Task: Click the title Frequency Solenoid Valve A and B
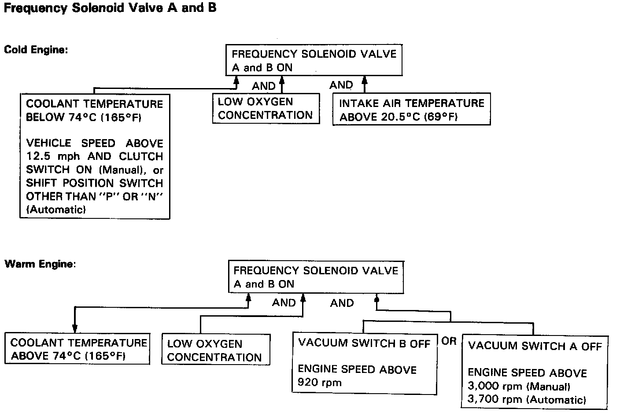tap(110, 8)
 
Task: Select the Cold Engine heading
tap(36, 49)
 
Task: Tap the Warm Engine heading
tap(40, 264)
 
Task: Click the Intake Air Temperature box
tap(411, 110)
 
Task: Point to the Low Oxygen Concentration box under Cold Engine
tap(266, 108)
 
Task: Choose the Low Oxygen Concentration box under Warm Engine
tap(216, 350)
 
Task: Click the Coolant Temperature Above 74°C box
tap(77, 349)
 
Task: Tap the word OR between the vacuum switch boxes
tap(449, 341)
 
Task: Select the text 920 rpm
tap(320, 382)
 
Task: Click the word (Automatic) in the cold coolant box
tap(56, 210)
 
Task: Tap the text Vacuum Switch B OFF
tap(364, 343)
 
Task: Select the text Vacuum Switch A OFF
tap(535, 346)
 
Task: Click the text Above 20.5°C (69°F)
tap(399, 117)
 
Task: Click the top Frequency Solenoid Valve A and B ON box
tap(314, 60)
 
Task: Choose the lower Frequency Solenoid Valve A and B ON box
tap(316, 277)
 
